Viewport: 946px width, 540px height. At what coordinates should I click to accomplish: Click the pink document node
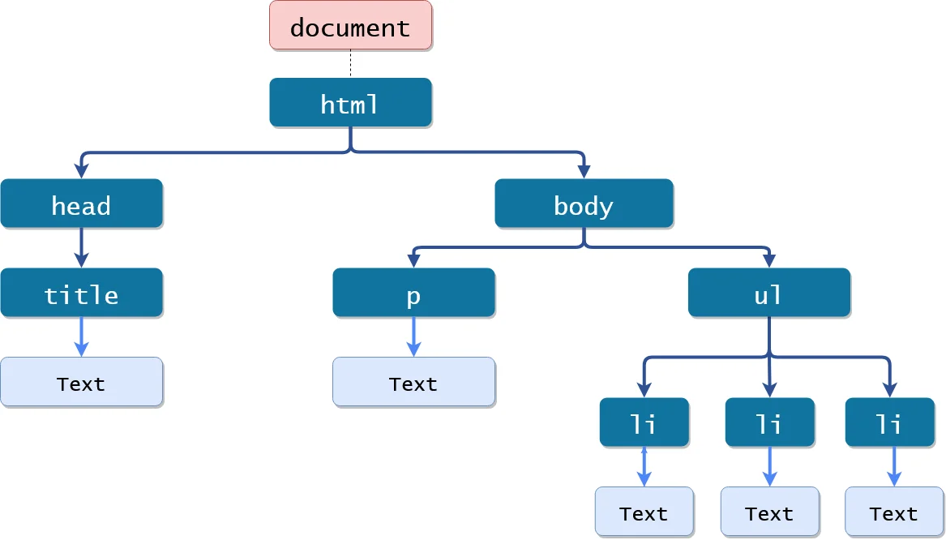pos(350,26)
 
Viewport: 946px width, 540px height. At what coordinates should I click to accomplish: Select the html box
pos(350,103)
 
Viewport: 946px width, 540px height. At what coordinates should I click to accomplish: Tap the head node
pos(81,204)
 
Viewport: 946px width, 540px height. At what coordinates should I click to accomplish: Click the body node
pos(584,204)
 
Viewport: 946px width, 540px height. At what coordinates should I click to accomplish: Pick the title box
pos(81,293)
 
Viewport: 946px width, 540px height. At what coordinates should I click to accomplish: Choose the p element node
pos(413,293)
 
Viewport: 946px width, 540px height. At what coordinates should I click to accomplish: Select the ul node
pos(768,293)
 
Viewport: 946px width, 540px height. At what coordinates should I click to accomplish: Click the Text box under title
pos(81,382)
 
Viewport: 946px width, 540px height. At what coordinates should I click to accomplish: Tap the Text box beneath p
pos(413,382)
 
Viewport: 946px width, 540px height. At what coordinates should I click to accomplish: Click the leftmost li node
pos(644,422)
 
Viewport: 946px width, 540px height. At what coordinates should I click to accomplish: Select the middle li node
pos(769,422)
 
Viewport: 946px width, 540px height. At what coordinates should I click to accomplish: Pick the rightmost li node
pos(889,422)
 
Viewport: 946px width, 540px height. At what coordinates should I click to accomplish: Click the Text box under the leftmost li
pos(644,512)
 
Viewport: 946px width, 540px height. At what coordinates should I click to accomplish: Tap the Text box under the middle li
pos(769,512)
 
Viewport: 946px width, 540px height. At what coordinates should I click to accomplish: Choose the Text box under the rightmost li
pos(893,512)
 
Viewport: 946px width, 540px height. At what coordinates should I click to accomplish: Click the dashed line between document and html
pos(350,64)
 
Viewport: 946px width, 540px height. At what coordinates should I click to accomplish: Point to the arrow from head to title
pos(81,246)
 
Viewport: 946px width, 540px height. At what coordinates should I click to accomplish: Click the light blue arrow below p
pos(413,336)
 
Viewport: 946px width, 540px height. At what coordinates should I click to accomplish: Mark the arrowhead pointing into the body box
pos(584,171)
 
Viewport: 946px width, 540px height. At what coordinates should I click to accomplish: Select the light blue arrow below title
pos(81,336)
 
